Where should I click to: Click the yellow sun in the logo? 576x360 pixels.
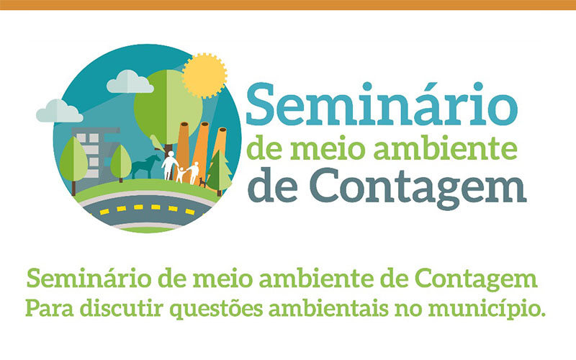point(204,76)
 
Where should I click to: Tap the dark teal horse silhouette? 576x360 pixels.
point(146,167)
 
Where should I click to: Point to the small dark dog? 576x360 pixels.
point(202,182)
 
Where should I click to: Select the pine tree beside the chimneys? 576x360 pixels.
point(219,173)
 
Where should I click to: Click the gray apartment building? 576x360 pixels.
point(96,154)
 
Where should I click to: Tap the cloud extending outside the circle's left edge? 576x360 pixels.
point(59,112)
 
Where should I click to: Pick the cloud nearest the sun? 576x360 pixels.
point(130,81)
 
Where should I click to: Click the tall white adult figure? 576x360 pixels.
point(170,166)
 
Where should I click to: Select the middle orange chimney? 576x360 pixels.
point(201,150)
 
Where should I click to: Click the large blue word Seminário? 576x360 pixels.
point(382,104)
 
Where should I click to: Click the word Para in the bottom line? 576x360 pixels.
point(50,308)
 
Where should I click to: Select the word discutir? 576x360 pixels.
point(122,308)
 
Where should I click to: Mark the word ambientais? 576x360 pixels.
point(328,308)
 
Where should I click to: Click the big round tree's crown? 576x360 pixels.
point(168,107)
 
